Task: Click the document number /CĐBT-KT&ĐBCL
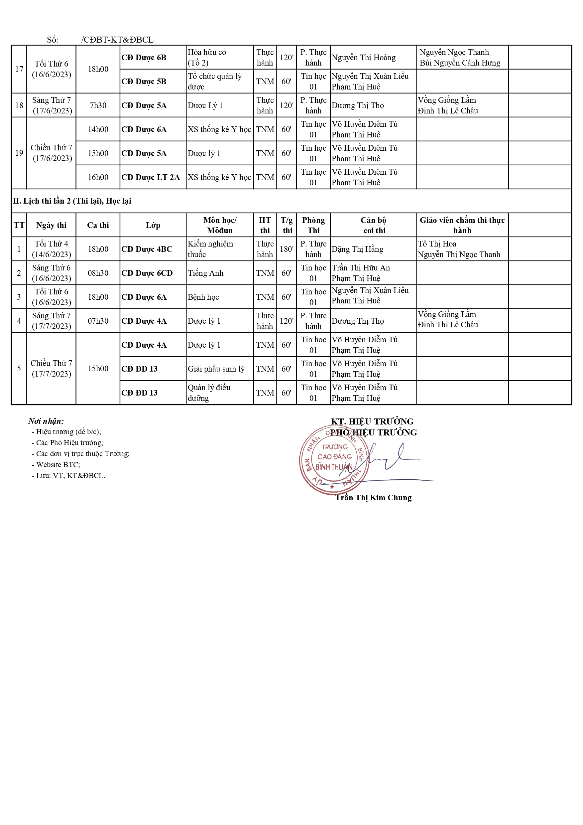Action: (x=117, y=40)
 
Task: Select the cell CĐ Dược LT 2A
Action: (x=151, y=177)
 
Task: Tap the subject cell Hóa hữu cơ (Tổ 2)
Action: (x=207, y=58)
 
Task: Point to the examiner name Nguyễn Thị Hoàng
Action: (x=363, y=58)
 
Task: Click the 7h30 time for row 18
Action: (x=98, y=105)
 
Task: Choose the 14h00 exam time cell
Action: (x=98, y=129)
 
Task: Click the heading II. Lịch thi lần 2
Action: (x=72, y=201)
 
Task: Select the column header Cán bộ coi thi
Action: (x=373, y=225)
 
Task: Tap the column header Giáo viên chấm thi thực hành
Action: (x=462, y=225)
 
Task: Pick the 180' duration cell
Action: (x=287, y=249)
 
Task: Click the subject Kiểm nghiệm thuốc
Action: (x=210, y=249)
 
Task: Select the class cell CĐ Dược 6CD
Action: (x=147, y=273)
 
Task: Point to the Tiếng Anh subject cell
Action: (x=205, y=273)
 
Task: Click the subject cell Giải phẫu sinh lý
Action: (x=216, y=369)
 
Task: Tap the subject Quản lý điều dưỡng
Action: (x=209, y=393)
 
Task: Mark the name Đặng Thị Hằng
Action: (x=357, y=249)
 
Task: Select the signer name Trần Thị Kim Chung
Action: (x=373, y=498)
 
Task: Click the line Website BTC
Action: (x=58, y=465)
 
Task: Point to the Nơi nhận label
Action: (x=46, y=421)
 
